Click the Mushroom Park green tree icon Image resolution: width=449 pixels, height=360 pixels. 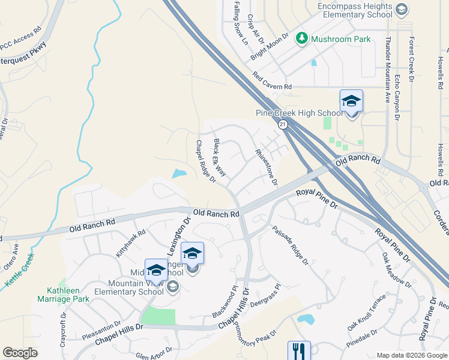tap(301, 39)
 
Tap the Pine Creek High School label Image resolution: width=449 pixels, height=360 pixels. tap(299, 113)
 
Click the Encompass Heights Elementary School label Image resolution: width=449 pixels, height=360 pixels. tap(357, 7)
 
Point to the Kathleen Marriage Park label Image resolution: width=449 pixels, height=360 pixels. tap(63, 294)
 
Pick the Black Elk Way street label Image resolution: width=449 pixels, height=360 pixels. tap(220, 158)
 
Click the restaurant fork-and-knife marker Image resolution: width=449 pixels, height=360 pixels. tap(299, 350)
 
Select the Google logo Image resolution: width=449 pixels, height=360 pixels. tap(20, 353)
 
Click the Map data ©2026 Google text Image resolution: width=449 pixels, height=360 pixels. tap(412, 355)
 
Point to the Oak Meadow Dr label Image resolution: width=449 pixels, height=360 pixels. tap(396, 269)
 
